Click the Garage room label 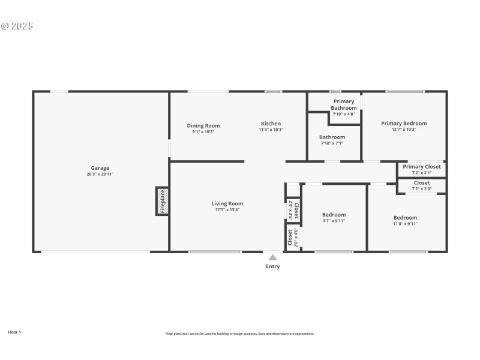click(100, 168)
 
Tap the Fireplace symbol click(162, 202)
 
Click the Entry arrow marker click(272, 257)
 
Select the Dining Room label click(203, 126)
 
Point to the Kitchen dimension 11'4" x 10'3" click(271, 130)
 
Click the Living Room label click(227, 203)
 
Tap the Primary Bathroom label click(344, 105)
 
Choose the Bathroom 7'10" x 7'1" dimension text click(332, 143)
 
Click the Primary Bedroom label click(404, 124)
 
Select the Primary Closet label click(421, 167)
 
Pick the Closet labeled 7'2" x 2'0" click(421, 185)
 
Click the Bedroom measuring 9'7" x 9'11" click(334, 217)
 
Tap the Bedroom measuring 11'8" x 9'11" click(405, 220)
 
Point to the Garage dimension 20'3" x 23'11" click(100, 174)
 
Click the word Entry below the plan click(272, 266)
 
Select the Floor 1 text click(14, 332)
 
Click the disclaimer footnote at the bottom click(239, 334)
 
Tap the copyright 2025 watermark click(17, 26)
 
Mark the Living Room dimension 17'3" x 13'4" click(227, 209)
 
